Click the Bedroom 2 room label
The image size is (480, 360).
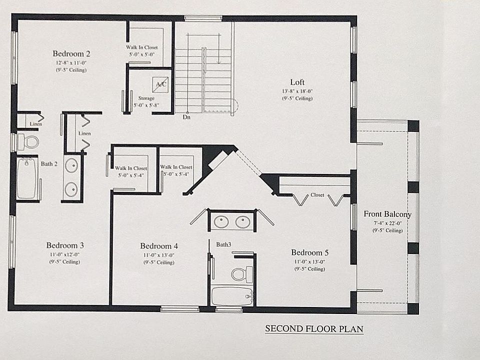point(71,53)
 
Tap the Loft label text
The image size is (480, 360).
point(297,82)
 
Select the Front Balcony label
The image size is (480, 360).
point(387,214)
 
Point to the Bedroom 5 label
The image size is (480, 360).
point(310,252)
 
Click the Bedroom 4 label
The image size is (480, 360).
point(159,246)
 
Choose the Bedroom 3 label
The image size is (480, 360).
point(65,245)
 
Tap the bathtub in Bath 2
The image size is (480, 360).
point(27,178)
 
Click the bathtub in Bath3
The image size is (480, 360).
point(231,296)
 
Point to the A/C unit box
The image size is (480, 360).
point(161,84)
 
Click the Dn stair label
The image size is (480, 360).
point(186,117)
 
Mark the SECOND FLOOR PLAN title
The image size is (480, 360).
point(314,329)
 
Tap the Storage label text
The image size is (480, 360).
point(146,98)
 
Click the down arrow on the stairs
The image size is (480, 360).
point(218,50)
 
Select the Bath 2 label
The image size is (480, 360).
point(49,163)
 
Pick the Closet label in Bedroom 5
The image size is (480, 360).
point(317,195)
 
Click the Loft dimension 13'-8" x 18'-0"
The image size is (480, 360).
point(297,91)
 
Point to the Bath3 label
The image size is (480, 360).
point(223,244)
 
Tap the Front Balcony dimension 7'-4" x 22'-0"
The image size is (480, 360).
point(387,223)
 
